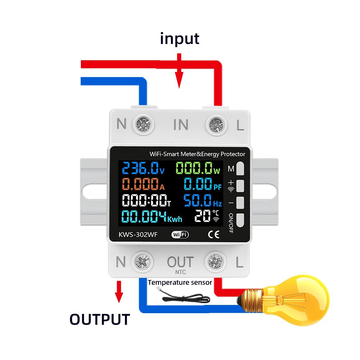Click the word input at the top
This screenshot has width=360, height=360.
[x=180, y=39]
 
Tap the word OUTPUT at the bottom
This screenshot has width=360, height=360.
[x=100, y=319]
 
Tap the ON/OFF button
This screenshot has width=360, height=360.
[x=240, y=220]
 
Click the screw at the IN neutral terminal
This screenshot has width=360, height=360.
[x=144, y=125]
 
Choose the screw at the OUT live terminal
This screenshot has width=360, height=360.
[x=215, y=262]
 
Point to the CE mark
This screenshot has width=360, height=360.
[x=213, y=234]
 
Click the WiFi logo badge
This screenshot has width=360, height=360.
[x=180, y=234]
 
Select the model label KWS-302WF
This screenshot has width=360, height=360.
[x=138, y=235]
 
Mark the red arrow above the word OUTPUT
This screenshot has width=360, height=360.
[x=119, y=292]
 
